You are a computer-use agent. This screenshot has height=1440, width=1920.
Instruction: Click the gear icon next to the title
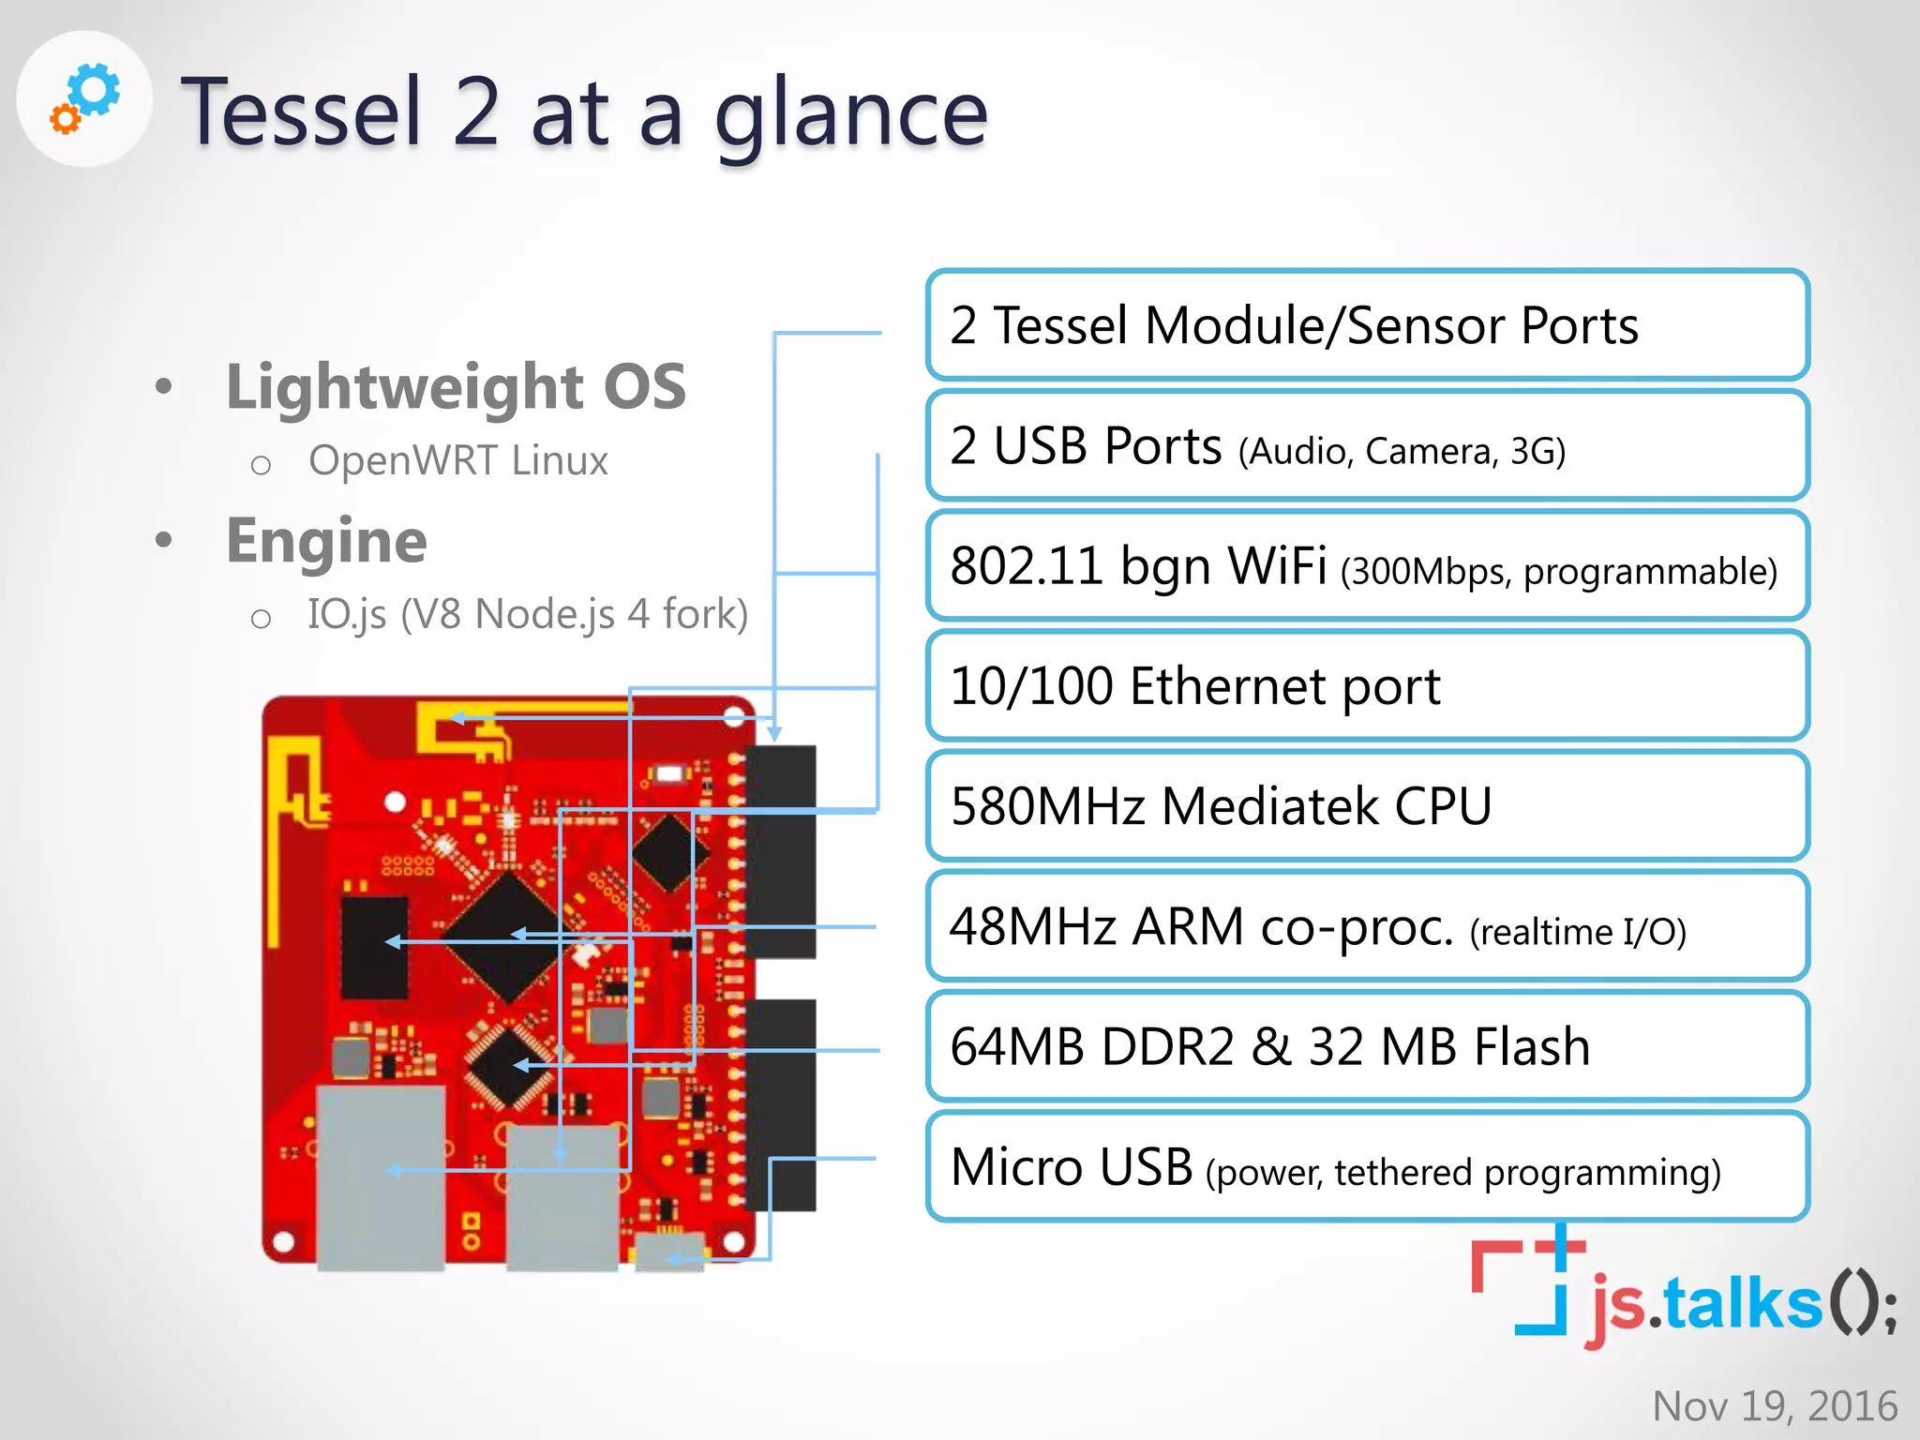click(85, 98)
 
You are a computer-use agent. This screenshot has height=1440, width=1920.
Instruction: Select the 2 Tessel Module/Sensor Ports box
click(1366, 325)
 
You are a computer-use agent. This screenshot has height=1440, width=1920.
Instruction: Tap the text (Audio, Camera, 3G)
click(1402, 452)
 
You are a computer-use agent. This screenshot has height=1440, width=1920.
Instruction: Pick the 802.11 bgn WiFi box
click(1366, 565)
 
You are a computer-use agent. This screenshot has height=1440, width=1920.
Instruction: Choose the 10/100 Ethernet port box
click(1366, 685)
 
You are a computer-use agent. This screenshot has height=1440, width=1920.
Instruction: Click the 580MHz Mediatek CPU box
click(1366, 805)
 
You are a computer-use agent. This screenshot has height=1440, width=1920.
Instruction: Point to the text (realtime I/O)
click(1578, 932)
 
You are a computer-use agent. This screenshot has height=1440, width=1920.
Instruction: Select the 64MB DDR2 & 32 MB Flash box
click(1366, 1046)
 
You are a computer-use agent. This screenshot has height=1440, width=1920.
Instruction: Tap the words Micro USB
click(1071, 1167)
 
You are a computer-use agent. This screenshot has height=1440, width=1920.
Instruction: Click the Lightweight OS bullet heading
click(456, 386)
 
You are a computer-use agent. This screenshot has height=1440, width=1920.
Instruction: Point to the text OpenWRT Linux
click(457, 460)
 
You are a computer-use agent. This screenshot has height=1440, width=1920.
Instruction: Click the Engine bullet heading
click(326, 541)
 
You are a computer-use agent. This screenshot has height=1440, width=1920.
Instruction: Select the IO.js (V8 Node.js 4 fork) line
click(527, 614)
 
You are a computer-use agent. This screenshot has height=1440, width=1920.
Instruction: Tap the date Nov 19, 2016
click(1774, 1405)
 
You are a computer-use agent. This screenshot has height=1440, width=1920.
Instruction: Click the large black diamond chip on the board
click(506, 937)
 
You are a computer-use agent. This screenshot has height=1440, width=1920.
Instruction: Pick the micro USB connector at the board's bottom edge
click(669, 1252)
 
